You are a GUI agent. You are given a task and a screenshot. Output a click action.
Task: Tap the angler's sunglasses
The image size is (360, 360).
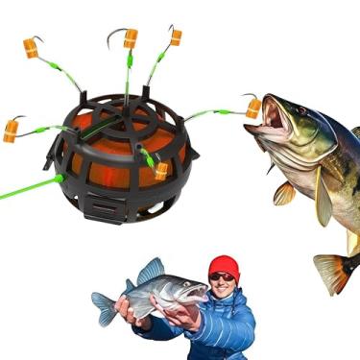coord(222,277)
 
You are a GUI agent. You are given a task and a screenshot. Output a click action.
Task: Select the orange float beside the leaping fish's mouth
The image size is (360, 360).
coord(253,108)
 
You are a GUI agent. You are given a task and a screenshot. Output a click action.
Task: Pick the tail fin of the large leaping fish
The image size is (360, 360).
coord(336,272)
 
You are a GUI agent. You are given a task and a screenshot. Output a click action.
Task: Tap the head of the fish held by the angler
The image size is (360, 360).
coord(188,290)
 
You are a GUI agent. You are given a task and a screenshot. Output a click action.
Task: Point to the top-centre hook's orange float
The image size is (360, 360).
coord(131,38)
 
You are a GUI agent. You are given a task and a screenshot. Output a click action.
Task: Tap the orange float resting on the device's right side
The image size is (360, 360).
coord(161,170)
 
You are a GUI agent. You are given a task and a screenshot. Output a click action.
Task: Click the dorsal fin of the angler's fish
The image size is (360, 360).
coord(152,270)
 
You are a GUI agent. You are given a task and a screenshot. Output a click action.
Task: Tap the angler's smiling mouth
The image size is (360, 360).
coord(224,288)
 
